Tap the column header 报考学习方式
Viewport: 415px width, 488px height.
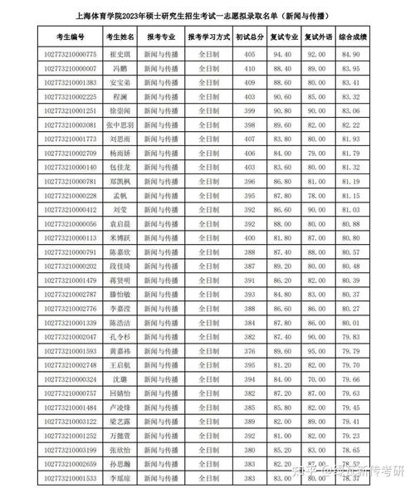208,37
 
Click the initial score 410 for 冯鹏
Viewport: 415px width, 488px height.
250,68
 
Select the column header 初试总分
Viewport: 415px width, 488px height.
250,37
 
